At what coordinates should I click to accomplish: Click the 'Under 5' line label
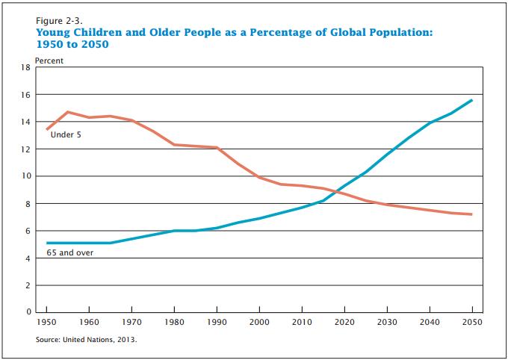click(x=66, y=135)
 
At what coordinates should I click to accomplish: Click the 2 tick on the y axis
click(x=27, y=285)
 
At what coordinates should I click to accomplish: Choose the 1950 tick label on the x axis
click(x=46, y=321)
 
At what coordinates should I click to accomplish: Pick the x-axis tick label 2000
click(x=259, y=321)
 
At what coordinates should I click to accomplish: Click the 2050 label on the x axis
click(x=472, y=321)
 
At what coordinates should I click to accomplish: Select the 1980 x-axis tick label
click(x=174, y=321)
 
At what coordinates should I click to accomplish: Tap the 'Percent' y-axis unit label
click(x=49, y=60)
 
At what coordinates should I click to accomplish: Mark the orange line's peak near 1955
click(x=68, y=112)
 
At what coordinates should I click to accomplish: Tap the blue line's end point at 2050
click(x=472, y=100)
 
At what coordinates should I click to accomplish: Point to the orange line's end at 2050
click(x=472, y=214)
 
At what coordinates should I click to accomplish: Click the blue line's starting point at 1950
click(x=46, y=243)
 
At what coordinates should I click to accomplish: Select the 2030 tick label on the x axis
click(x=387, y=321)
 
